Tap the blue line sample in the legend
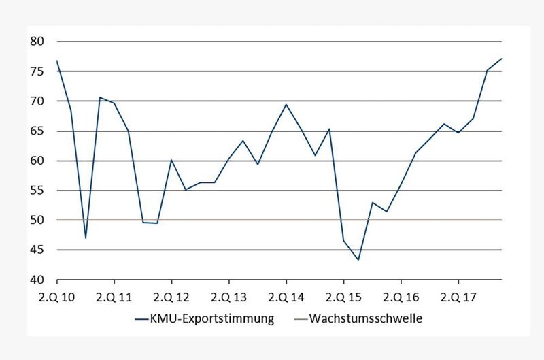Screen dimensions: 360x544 143,318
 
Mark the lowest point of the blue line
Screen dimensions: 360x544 358,260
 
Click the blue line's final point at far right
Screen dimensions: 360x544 501,59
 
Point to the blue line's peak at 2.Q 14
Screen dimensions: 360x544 286,105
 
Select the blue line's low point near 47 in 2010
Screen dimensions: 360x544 86,238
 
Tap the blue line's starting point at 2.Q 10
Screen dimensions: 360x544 57,61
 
